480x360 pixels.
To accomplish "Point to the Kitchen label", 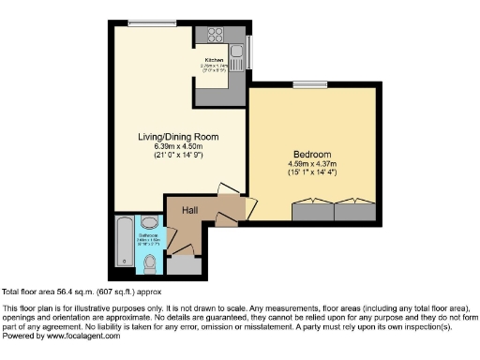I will click(x=215, y=60).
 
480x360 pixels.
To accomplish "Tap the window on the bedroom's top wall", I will click(x=308, y=85).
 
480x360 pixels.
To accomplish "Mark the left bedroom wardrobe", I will click(x=312, y=212).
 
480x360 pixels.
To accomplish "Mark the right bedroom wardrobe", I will click(x=353, y=212).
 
